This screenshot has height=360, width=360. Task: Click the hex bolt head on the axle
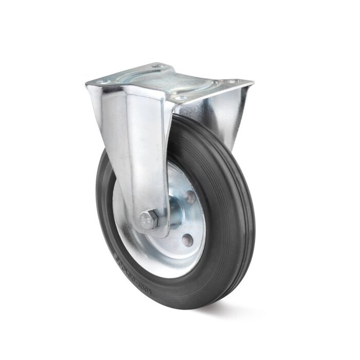pyautogui.click(x=148, y=220)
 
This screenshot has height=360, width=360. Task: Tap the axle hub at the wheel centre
pyautogui.click(x=174, y=213)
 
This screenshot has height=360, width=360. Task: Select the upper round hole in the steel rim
pyautogui.click(x=190, y=196)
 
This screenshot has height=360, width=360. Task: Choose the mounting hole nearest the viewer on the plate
pyautogui.click(x=180, y=97)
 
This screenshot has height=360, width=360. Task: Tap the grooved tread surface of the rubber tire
pyautogui.click(x=226, y=216)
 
